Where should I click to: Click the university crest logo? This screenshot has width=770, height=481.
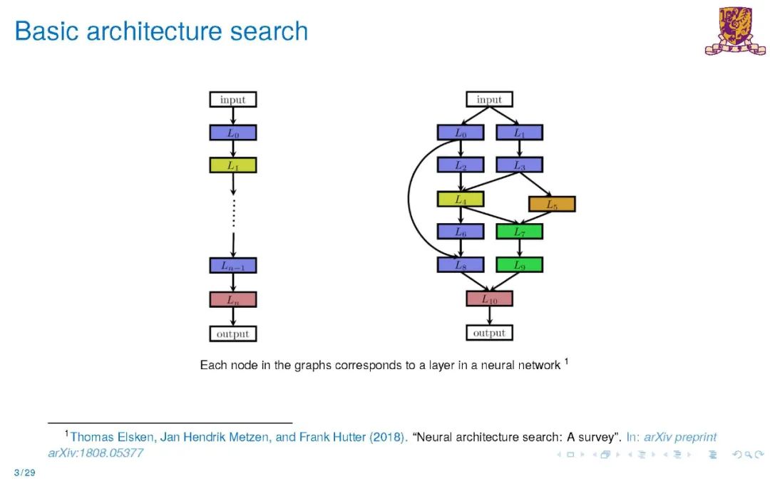734,31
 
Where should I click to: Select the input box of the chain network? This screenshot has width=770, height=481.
232,100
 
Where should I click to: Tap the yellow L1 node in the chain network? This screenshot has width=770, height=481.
232,165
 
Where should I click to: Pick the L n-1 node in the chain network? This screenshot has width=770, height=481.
232,265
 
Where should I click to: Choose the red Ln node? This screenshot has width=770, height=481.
232,299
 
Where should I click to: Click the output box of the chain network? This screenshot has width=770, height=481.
232,333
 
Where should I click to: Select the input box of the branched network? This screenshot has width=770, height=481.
489,100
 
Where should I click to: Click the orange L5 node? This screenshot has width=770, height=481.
552,205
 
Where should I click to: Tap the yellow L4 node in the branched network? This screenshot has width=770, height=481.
460,200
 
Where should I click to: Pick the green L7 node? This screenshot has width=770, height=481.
519,232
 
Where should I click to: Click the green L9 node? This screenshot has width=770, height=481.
519,265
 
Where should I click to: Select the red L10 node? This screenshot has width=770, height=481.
489,299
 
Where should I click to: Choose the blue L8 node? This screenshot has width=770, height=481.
460,265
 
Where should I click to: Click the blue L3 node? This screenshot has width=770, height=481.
519,165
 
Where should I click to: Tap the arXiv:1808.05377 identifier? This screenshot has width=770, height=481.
96,452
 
